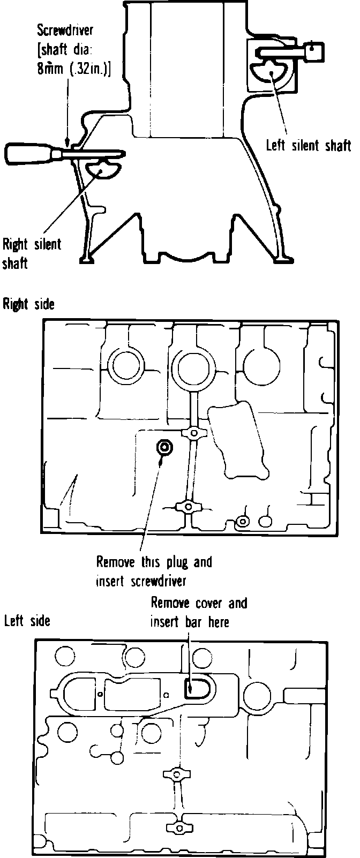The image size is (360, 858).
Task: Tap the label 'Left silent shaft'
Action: click(309, 146)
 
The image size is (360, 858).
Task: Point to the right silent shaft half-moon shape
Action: click(104, 168)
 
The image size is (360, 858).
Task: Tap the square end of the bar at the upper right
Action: click(314, 51)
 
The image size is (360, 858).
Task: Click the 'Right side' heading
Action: click(28, 304)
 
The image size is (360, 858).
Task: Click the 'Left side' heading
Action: click(27, 621)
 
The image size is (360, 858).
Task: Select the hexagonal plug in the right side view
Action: click(164, 446)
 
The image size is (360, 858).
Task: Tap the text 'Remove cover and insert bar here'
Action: click(198, 612)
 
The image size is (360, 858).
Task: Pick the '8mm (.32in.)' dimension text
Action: click(73, 70)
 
